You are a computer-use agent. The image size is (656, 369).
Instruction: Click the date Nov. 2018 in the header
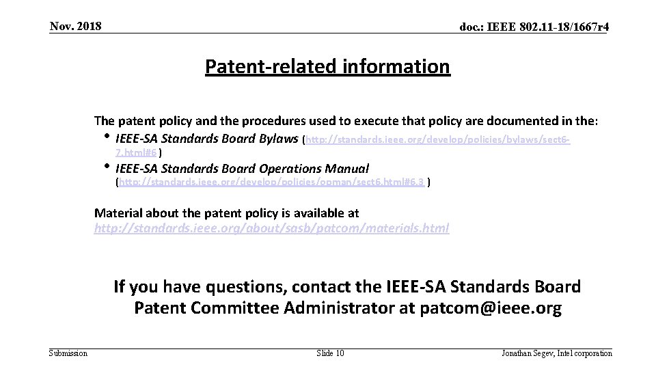click(x=76, y=27)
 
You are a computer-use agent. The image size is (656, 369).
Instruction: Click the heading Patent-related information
click(x=327, y=67)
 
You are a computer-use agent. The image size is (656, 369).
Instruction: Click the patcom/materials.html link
click(x=271, y=228)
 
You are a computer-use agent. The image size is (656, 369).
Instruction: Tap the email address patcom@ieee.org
click(x=488, y=308)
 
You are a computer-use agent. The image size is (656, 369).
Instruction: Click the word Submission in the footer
click(x=68, y=353)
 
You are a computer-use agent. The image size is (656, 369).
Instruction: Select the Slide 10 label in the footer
click(x=331, y=353)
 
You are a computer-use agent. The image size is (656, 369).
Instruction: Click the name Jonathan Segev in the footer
click(x=528, y=353)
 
